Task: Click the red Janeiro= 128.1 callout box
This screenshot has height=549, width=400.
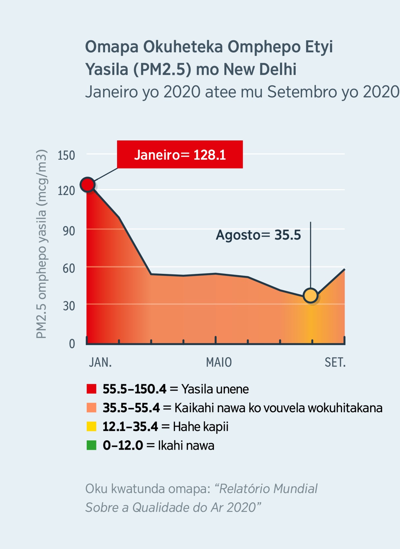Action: pos(180,154)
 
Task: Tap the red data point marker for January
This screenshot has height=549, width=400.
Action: pos(88,184)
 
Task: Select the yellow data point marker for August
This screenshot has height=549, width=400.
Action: pos(311,296)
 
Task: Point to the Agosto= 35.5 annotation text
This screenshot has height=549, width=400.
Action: pos(258,235)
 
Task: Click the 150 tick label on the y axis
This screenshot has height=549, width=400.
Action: pos(66,155)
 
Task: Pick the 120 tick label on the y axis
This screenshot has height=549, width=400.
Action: pos(66,191)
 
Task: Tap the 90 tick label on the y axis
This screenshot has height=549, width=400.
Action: pos(69,231)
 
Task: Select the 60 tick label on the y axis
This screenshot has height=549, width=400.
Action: pos(69,268)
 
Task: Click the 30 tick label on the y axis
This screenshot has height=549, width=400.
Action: pos(69,306)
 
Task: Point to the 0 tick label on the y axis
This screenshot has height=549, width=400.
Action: pos(72,344)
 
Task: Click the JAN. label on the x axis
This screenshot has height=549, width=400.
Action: pos(100,362)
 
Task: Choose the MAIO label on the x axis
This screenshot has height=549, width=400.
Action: pos(219,362)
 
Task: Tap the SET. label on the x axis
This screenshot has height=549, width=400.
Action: pos(335,362)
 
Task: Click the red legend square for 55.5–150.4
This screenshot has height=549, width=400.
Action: pos(91,389)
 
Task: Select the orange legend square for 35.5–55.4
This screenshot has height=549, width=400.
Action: pos(91,408)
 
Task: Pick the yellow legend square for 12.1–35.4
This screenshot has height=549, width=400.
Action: pos(91,427)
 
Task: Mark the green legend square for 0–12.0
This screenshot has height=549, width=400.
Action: pos(91,445)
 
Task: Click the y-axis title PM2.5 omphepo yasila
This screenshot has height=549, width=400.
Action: pos(41,244)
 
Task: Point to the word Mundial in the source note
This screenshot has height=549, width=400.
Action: pos(295,489)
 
